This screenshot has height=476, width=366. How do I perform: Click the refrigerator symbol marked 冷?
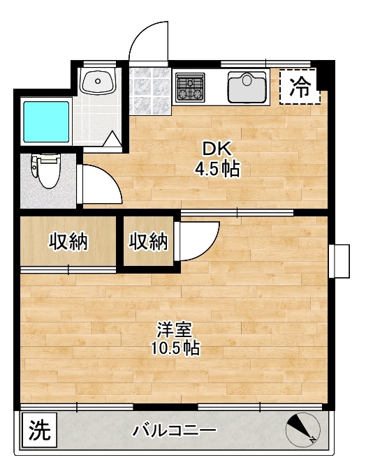pos(300,87)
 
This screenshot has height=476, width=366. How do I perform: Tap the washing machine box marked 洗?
pos(40,430)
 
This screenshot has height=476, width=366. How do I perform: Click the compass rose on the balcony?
pos(303,429)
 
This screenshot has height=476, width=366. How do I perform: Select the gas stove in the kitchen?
pos(191,87)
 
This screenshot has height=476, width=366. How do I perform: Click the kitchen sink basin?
pos(247,87)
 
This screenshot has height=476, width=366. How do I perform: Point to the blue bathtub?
pos(46,121)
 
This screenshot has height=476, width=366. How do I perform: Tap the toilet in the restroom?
pos(45,170)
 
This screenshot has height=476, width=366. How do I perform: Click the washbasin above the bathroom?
pos(98,81)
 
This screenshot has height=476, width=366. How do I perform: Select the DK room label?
pos(217,149)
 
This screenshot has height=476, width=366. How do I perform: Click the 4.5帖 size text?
pos(217,169)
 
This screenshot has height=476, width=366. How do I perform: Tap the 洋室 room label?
pos(175,329)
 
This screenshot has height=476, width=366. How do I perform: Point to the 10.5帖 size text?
pos(175,348)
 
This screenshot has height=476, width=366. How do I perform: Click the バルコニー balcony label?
pos(174,430)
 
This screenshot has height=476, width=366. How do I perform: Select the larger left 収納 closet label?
pos(68,241)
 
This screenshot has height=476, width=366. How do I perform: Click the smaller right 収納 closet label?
pos(148,241)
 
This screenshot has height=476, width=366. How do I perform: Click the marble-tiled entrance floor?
pos(149,91)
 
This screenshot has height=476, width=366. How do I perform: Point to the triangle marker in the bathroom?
pos(112,140)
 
